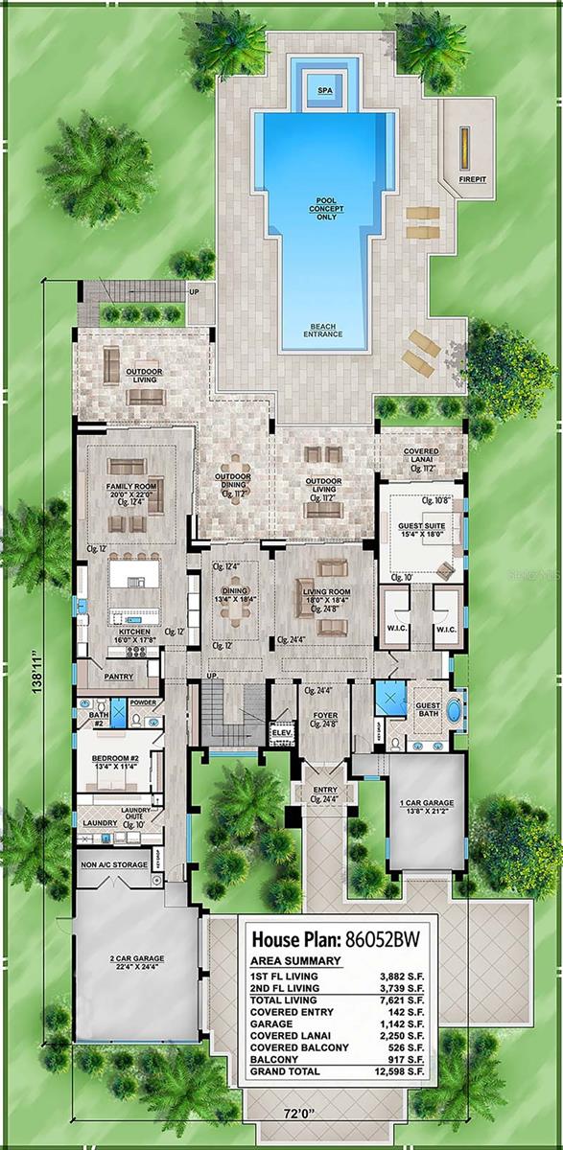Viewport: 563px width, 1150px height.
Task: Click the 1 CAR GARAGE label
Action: pos(427,803)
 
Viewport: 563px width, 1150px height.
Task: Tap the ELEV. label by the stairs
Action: pos(281,732)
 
